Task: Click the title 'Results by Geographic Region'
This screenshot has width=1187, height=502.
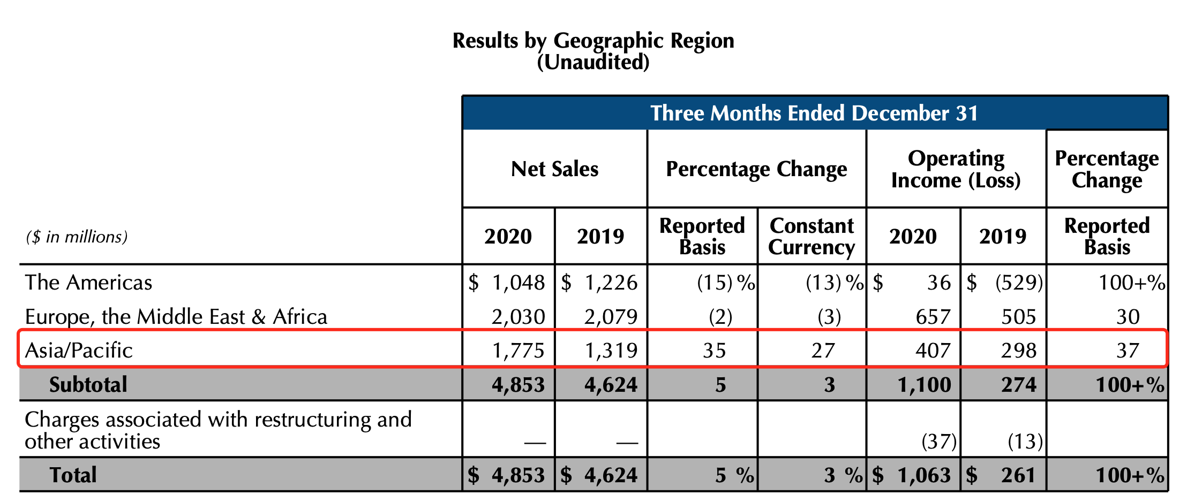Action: click(593, 41)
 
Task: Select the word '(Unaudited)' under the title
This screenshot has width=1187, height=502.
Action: click(593, 63)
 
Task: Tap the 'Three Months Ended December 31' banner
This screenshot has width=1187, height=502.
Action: click(814, 113)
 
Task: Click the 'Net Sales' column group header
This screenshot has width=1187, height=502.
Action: click(554, 169)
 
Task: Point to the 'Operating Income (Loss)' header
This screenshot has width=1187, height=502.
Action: click(956, 169)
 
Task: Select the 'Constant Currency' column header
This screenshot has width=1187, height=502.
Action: click(811, 237)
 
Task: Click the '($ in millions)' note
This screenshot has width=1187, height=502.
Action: click(77, 237)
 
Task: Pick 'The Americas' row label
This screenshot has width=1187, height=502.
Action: click(88, 283)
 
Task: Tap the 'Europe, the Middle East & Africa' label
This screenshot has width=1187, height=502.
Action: click(176, 317)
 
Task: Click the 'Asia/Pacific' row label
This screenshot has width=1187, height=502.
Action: click(79, 351)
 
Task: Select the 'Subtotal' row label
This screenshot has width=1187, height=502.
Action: click(88, 385)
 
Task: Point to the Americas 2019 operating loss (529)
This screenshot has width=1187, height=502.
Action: click(1019, 283)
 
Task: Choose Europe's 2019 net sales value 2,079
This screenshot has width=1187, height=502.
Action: click(611, 317)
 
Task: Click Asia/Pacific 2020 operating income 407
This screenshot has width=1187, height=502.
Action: click(933, 351)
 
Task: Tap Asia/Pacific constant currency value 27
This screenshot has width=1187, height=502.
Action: click(823, 351)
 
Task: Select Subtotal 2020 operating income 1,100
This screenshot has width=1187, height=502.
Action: click(925, 385)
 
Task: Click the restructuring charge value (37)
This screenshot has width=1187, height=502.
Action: click(938, 442)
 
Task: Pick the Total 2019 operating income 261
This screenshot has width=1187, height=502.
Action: click(1018, 475)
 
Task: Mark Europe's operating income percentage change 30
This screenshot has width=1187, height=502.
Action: click(1128, 317)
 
